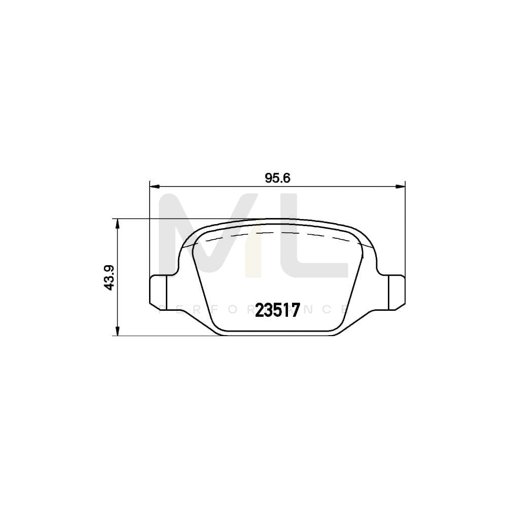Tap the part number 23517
tap(277, 310)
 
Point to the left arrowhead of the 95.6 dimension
tap(153, 186)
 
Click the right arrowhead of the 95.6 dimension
tap(403, 186)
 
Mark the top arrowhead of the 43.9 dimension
tap(117, 222)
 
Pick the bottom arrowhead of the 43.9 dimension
tap(117, 332)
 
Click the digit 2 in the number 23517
tap(260, 310)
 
